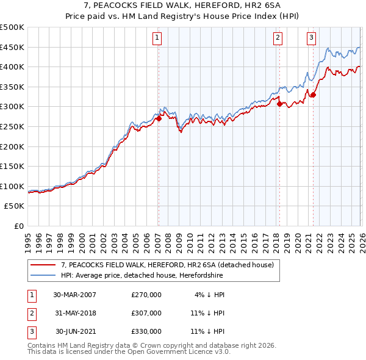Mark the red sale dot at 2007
pyautogui.click(x=159, y=119)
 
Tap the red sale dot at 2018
pyautogui.click(x=279, y=104)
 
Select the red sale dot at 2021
pyautogui.click(x=313, y=95)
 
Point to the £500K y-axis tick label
pyautogui.click(x=12, y=27)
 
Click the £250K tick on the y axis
pyautogui.click(x=12, y=126)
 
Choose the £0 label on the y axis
pyautogui.click(x=18, y=226)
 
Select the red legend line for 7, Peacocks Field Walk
pyautogui.click(x=43, y=265)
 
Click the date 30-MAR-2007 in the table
pyautogui.click(x=74, y=295)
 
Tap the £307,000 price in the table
pyautogui.click(x=146, y=313)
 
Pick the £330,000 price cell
pyautogui.click(x=146, y=331)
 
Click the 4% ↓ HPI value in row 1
pyautogui.click(x=209, y=295)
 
